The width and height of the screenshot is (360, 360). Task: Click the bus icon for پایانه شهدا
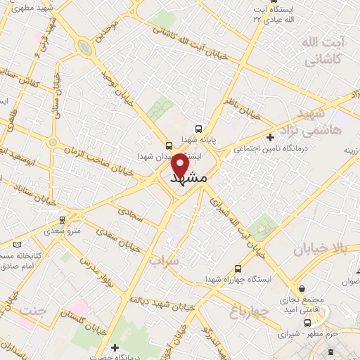coord(200,129)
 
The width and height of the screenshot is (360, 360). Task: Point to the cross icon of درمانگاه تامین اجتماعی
coord(270,137)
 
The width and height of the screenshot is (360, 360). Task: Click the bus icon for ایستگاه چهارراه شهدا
coord(238,268)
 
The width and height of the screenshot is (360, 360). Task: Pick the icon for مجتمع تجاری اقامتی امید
coord(302,288)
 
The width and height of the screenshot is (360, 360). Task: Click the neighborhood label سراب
coord(164,260)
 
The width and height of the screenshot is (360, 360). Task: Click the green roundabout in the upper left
coord(84,48)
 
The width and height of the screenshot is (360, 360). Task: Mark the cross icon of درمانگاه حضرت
coord(115,347)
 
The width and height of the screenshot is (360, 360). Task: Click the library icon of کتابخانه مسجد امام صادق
coord(18,244)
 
